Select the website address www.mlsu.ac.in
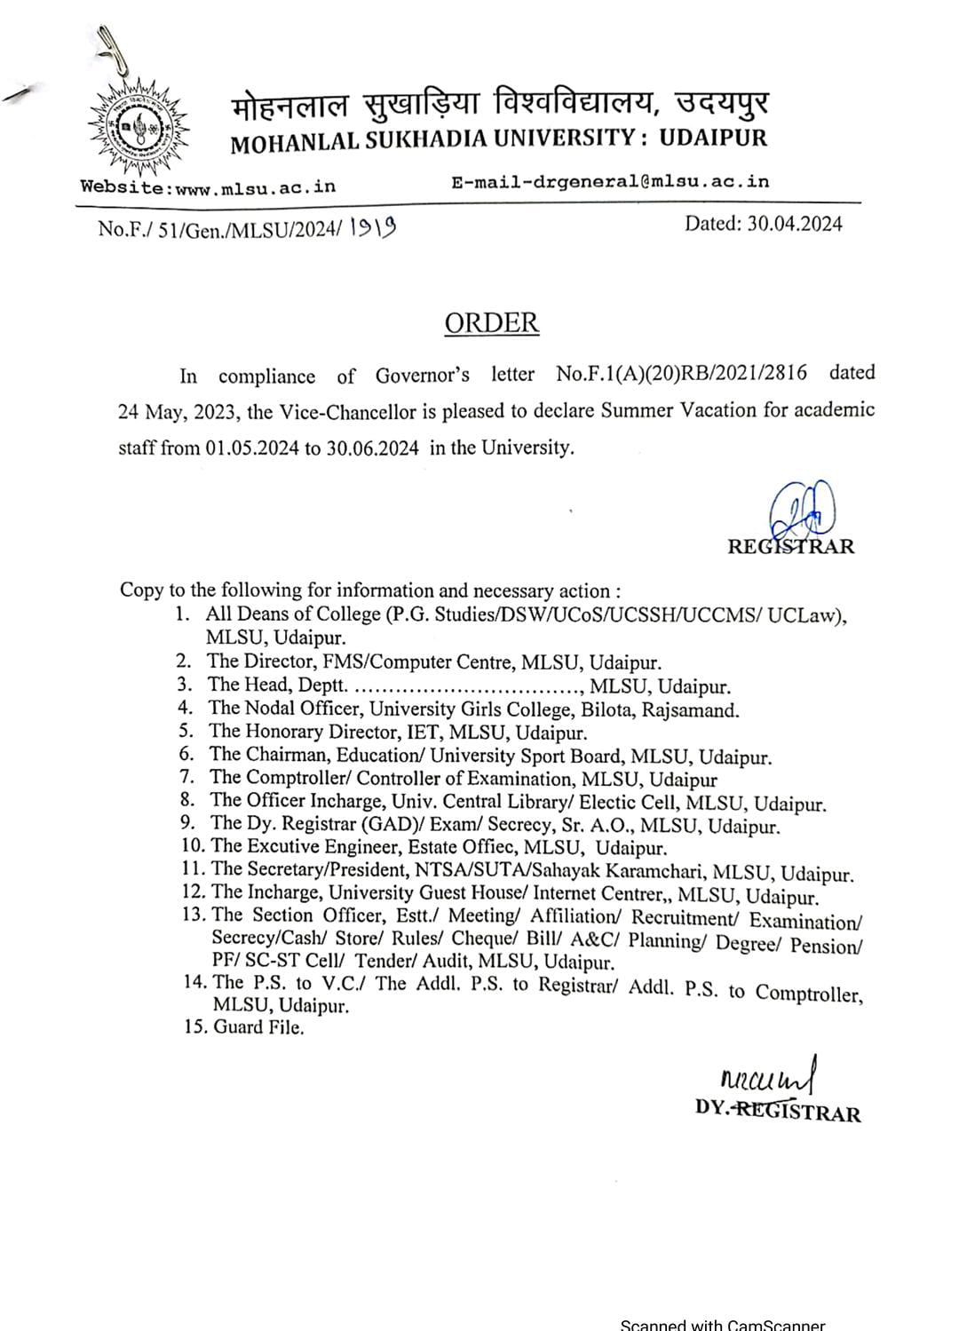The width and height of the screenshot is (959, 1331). [256, 186]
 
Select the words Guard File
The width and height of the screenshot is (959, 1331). [258, 1027]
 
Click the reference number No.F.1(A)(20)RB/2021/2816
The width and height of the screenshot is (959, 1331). [682, 373]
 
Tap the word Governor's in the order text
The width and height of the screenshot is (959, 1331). [423, 375]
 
